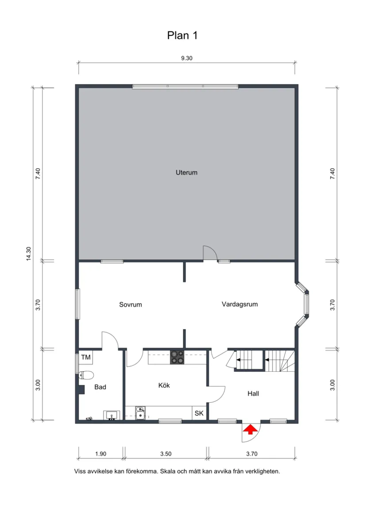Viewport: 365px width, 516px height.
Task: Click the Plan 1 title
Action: [182, 36]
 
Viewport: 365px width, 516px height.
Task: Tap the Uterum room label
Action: [186, 173]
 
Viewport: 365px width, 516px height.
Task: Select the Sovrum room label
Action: [131, 304]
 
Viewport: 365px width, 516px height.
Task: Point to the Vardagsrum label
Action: [239, 304]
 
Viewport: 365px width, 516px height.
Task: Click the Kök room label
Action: [164, 385]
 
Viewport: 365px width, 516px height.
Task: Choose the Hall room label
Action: [253, 393]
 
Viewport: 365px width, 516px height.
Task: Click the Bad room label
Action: [100, 387]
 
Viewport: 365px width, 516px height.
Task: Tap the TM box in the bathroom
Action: [85, 357]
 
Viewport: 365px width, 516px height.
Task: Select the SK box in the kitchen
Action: [199, 413]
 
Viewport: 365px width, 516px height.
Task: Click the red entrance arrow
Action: [251, 429]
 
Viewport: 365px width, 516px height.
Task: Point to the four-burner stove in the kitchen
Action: [177, 357]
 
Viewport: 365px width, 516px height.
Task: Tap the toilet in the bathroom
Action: [87, 375]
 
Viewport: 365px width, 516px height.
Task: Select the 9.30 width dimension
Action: [187, 58]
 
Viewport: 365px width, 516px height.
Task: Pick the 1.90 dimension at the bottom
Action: [101, 453]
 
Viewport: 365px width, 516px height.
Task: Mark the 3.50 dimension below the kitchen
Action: [165, 453]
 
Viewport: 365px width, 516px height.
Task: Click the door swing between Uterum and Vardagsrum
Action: [209, 252]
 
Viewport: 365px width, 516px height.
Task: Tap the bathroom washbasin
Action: [111, 415]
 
